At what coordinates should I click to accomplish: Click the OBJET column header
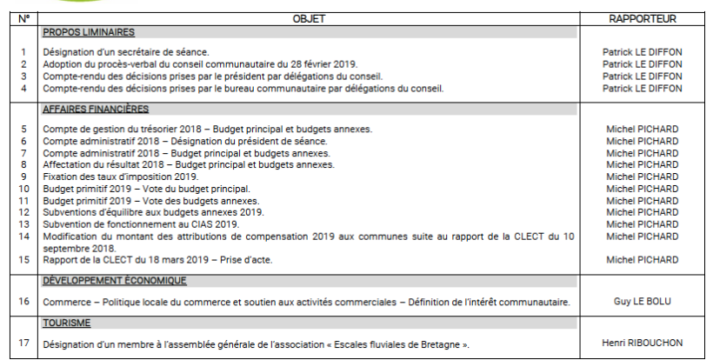tap(309, 17)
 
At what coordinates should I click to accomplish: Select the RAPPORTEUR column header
tap(643, 17)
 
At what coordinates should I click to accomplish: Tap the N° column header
tap(23, 17)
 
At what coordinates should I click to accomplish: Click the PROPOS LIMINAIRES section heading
tap(88, 32)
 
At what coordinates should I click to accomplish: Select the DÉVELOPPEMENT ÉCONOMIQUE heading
tap(114, 281)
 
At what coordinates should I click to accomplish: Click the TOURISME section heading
tap(67, 323)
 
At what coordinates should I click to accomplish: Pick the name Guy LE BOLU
tap(643, 302)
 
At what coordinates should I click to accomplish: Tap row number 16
tap(23, 302)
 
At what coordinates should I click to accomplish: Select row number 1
tap(23, 52)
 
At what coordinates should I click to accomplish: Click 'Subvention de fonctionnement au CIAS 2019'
tap(140, 223)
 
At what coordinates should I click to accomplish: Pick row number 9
tap(23, 177)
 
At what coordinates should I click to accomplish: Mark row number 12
tap(23, 212)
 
